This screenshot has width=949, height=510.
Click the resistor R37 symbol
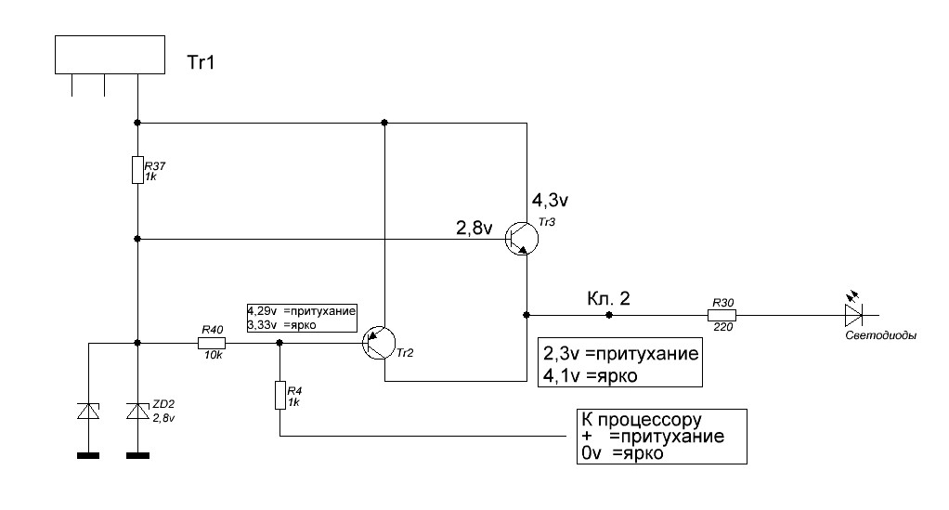coord(136,170)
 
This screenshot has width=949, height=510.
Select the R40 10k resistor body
coord(212,343)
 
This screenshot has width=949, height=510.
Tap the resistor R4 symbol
coord(279,395)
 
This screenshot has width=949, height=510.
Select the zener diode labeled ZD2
coord(136,410)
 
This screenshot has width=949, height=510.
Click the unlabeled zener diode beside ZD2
coord(88,410)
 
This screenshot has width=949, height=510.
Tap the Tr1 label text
coord(204,65)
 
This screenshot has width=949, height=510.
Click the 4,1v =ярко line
coord(605,376)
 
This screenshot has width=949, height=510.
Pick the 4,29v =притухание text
coord(302,311)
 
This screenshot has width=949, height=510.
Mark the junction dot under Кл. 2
coord(609,315)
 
